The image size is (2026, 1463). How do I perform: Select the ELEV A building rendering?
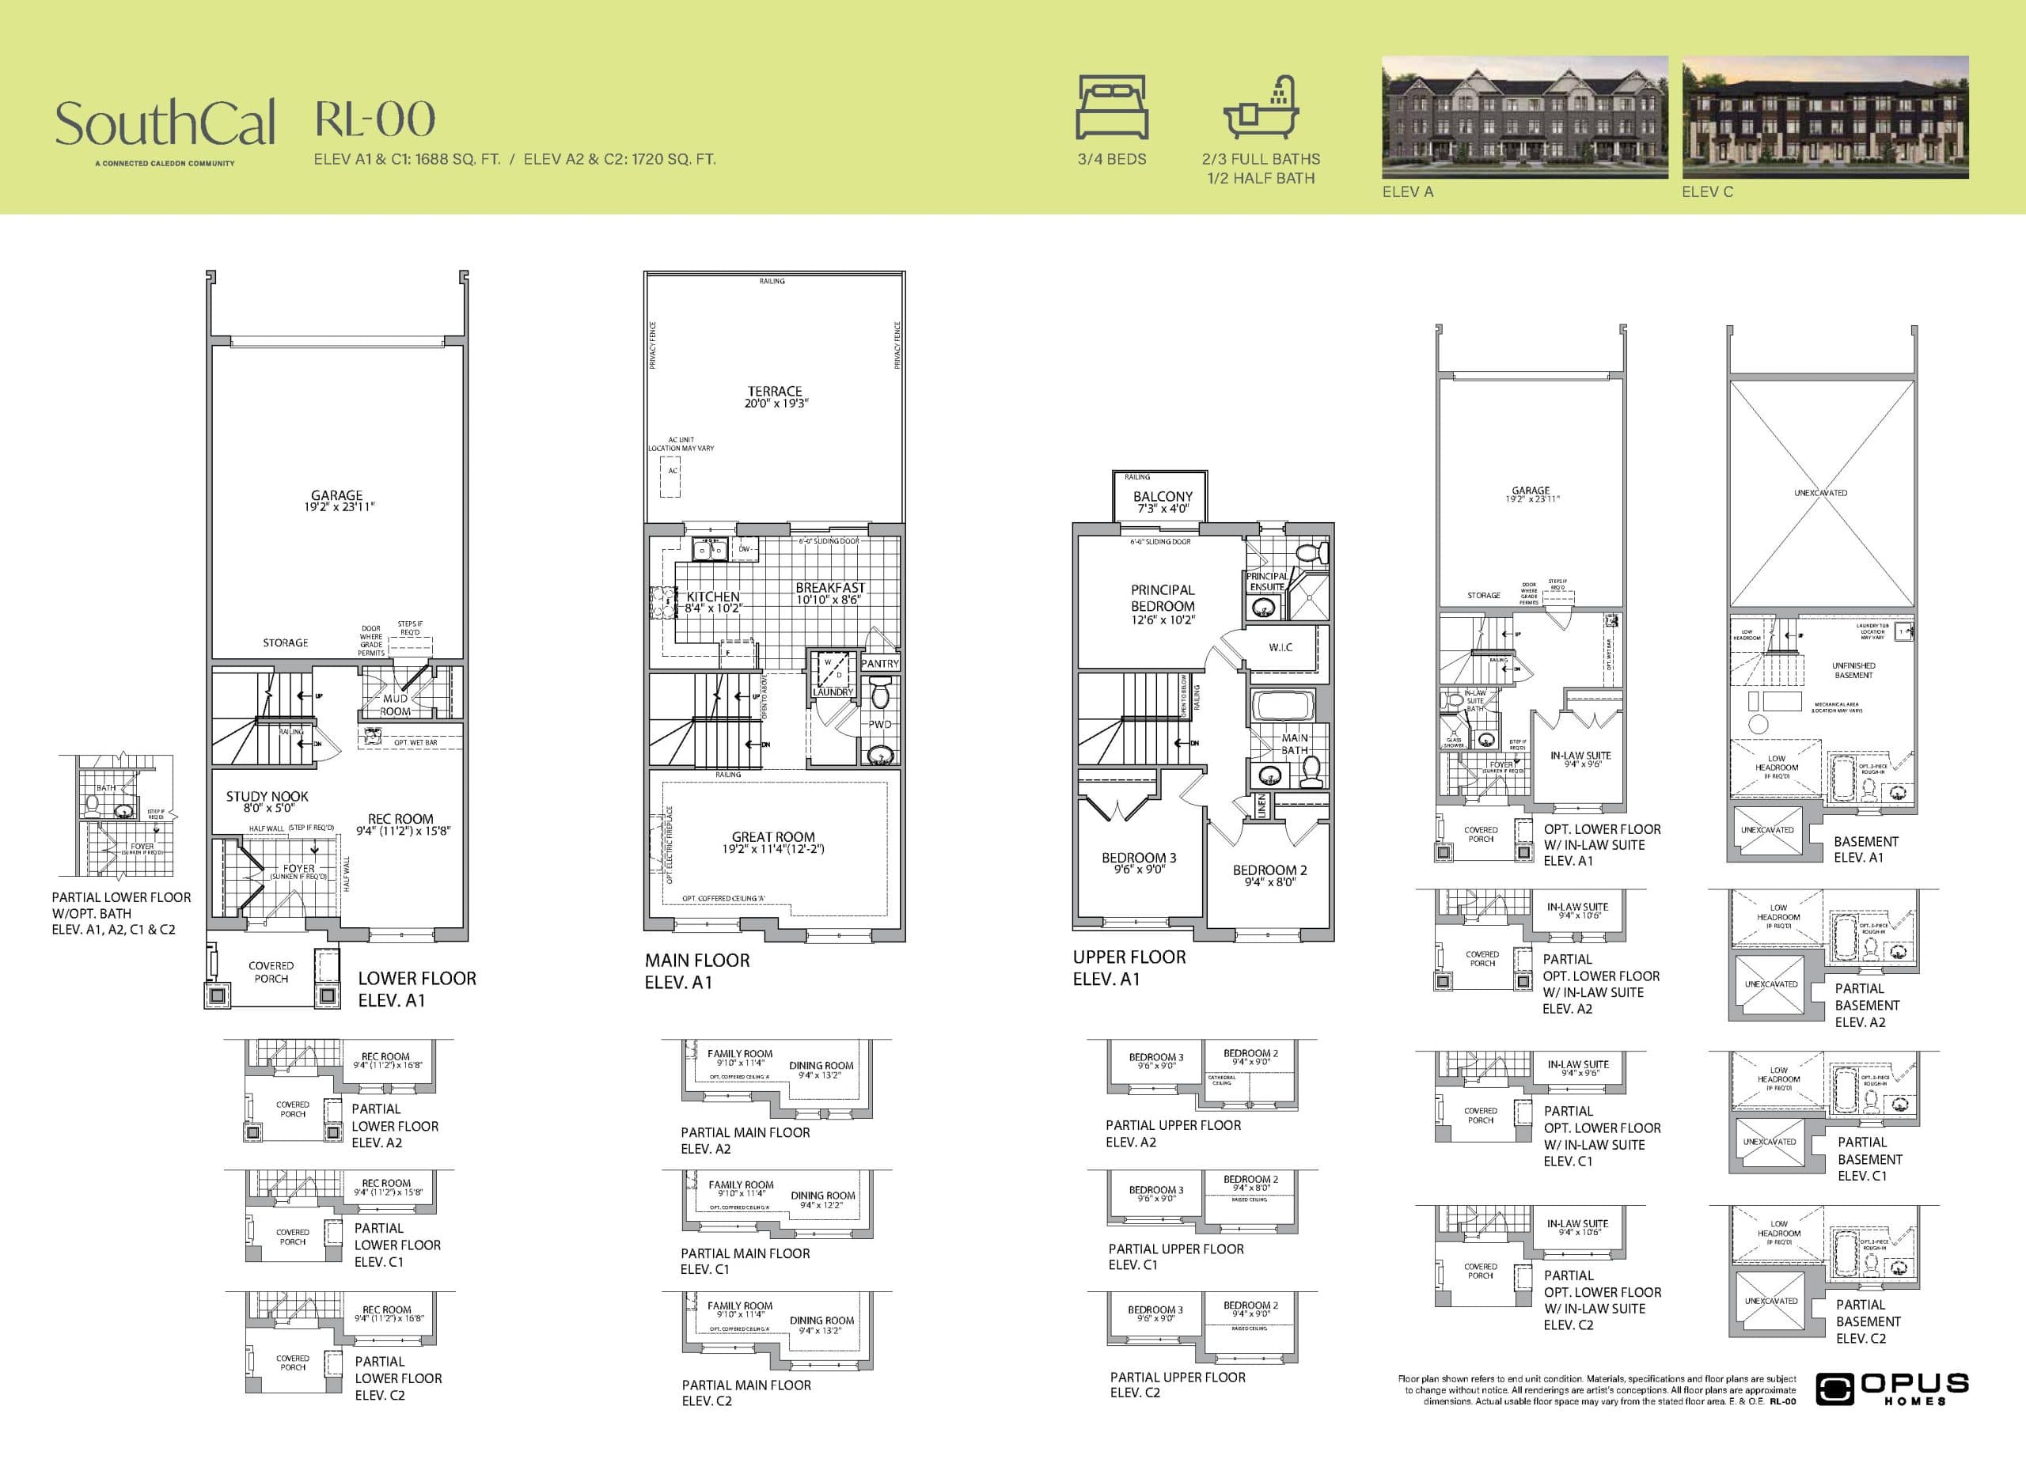click(1524, 117)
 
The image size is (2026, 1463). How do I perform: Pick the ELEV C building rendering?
click(1825, 117)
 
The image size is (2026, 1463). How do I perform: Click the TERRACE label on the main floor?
click(775, 391)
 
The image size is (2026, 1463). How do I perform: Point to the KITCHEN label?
click(713, 597)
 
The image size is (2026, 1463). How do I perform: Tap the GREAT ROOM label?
click(772, 837)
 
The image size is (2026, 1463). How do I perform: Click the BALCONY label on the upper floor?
click(1163, 497)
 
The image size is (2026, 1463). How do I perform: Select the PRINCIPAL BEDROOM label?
click(1163, 597)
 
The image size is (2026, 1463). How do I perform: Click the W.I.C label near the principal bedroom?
click(1280, 646)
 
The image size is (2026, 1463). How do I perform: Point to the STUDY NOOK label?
click(266, 796)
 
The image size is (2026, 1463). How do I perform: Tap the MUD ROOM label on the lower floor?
click(395, 705)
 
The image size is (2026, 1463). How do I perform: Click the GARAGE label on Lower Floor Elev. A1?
click(337, 495)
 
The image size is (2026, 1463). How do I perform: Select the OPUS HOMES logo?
click(1891, 1388)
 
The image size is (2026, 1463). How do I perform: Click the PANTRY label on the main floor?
click(879, 664)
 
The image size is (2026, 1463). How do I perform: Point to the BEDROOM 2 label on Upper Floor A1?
click(1269, 870)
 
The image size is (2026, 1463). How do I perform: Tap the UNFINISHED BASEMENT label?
click(1853, 670)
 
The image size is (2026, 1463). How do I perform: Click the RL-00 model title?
click(375, 119)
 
